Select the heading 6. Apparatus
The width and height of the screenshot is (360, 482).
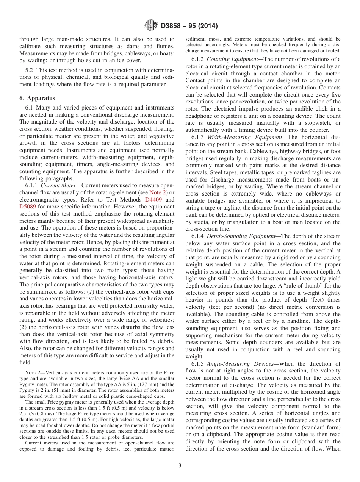[37, 98]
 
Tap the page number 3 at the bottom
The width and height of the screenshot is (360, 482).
[180, 465]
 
